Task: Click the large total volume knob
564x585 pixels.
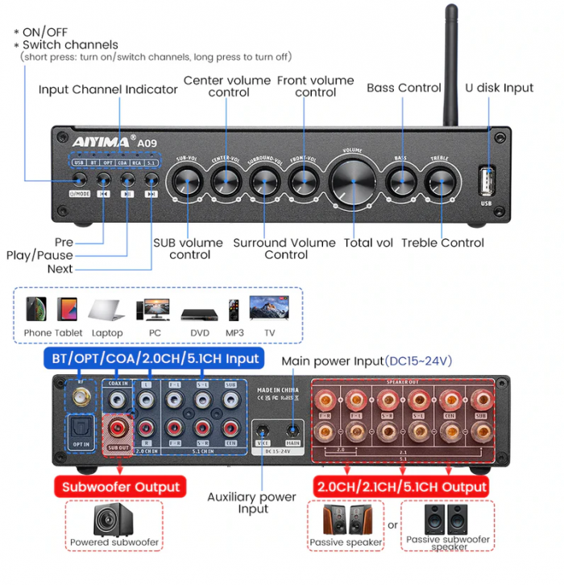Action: coord(352,181)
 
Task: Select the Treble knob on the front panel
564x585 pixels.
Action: coord(440,182)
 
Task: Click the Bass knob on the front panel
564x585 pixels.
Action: coord(400,182)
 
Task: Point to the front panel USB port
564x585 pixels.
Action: coord(485,179)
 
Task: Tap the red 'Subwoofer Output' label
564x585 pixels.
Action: coord(120,486)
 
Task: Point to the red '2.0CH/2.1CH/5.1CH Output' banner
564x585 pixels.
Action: coord(400,486)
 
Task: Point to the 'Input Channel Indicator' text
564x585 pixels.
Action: coord(108,89)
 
